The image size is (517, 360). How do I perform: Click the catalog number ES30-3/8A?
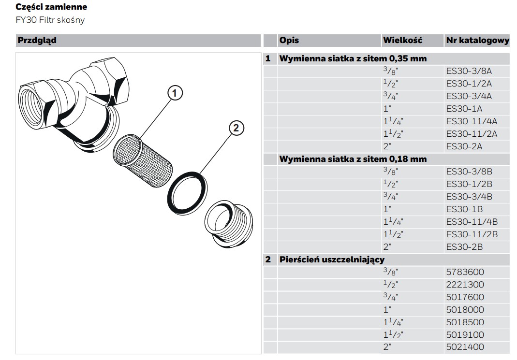469,71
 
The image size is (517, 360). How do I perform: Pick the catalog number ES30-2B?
464,247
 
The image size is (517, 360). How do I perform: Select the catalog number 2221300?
464,285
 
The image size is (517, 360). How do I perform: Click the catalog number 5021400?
464,347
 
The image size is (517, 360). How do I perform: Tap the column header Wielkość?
402,40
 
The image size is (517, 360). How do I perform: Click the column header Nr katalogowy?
477,41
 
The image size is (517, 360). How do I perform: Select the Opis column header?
289,40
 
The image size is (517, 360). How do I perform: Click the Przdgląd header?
37,40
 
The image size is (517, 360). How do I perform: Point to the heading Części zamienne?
51,7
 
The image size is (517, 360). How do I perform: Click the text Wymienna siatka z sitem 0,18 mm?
353,159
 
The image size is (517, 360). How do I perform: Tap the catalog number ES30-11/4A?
472,121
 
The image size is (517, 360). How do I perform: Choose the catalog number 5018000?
464,310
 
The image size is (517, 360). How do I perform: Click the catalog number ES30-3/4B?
469,197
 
